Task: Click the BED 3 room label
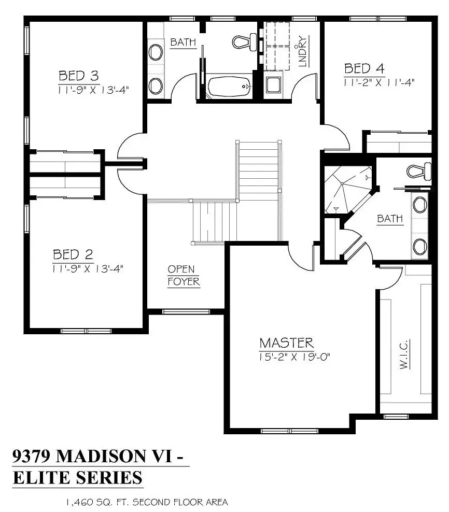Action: (x=78, y=76)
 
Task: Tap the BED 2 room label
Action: (x=73, y=254)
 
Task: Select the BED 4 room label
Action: (x=364, y=68)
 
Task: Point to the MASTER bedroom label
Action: (x=287, y=343)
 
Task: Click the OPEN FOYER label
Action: (x=184, y=275)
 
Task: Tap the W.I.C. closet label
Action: (x=404, y=354)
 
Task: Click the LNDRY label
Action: (x=303, y=51)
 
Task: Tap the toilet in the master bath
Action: (x=419, y=171)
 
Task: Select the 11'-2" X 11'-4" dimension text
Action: (x=378, y=82)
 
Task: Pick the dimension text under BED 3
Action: (x=93, y=90)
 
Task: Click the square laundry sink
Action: (x=273, y=85)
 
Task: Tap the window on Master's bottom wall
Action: (x=289, y=431)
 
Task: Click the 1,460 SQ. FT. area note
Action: (x=147, y=502)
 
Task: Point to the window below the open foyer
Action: (x=186, y=311)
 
